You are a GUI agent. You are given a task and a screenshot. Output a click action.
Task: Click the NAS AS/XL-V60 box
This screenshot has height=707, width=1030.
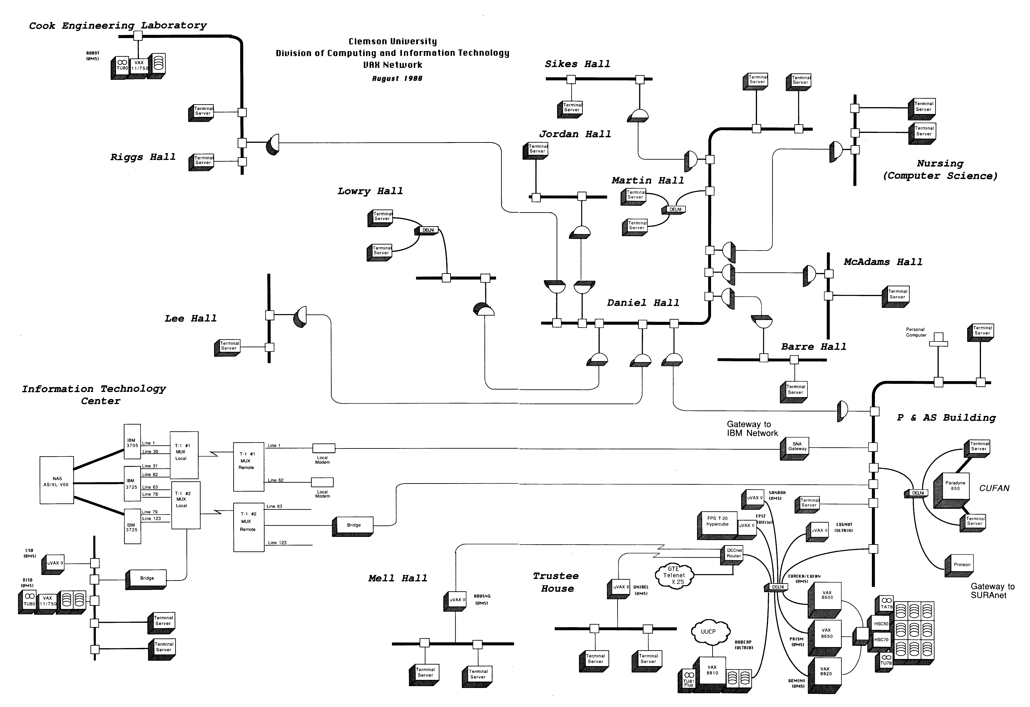[57, 480]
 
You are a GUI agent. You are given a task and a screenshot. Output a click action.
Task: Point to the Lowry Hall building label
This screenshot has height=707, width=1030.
[370, 191]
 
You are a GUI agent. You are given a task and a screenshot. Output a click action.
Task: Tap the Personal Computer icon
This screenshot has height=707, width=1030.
[938, 340]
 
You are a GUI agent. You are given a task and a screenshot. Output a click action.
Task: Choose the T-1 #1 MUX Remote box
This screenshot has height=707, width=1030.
[248, 466]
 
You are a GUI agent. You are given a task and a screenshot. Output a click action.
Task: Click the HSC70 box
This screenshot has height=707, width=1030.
[881, 640]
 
